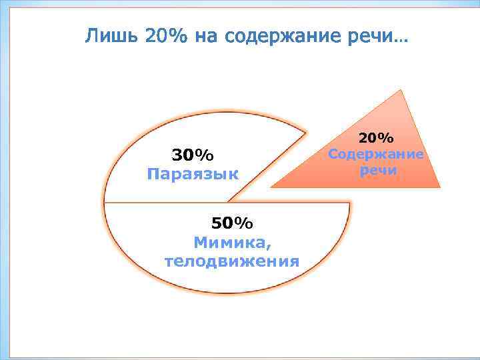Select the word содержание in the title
pyautogui.click(x=281, y=37)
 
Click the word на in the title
pyautogui.click(x=206, y=37)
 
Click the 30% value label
pyautogui.click(x=193, y=155)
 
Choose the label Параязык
pyautogui.click(x=193, y=175)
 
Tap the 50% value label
pyautogui.click(x=232, y=222)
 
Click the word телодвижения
pyautogui.click(x=232, y=261)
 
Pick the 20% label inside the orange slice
pyautogui.click(x=377, y=138)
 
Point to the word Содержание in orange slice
pyautogui.click(x=377, y=154)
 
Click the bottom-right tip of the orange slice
pyautogui.click(x=439, y=187)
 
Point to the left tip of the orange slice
pyautogui.click(x=272, y=186)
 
